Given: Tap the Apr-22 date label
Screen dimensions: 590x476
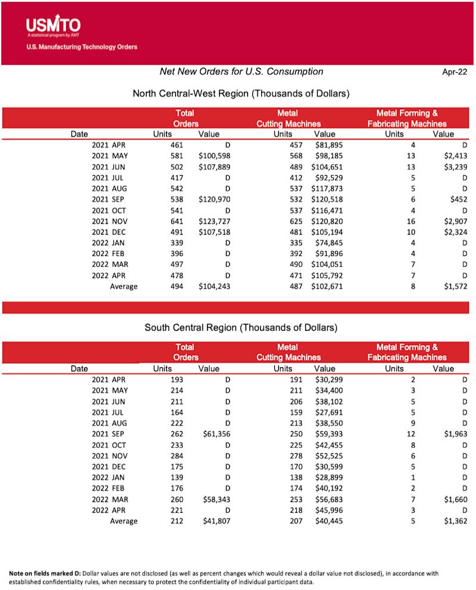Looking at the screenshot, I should [x=454, y=72].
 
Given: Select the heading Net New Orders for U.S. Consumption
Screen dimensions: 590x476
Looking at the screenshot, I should [x=242, y=71].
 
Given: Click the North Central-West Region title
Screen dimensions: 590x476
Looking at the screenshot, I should [x=240, y=93].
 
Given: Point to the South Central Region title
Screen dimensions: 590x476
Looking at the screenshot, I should [x=241, y=327].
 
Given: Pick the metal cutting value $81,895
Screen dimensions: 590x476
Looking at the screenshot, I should [x=327, y=145].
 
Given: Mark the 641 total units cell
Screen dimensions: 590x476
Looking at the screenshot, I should [x=176, y=221].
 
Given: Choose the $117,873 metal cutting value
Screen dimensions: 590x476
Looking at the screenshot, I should [x=327, y=188].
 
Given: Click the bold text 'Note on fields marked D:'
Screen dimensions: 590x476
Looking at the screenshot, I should [x=45, y=573].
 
